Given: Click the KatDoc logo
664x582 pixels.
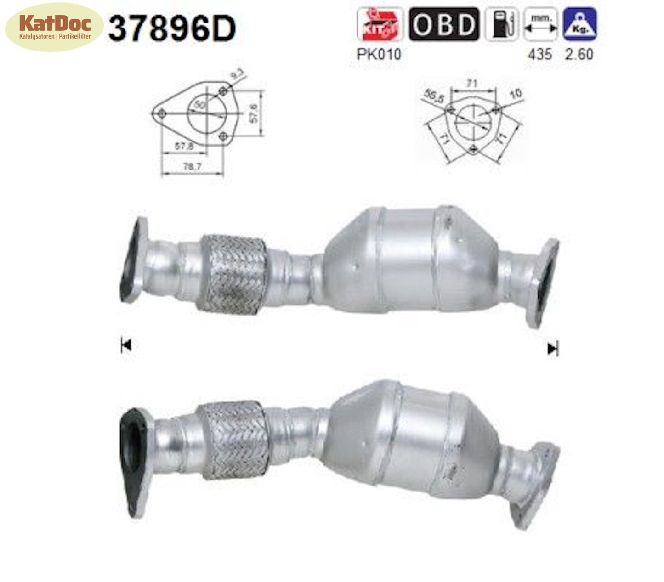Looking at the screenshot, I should coord(54,27).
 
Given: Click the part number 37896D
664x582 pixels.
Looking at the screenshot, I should coord(171,28).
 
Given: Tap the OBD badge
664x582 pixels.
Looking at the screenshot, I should coord(444,24).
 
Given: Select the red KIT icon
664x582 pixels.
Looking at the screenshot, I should coord(380,24).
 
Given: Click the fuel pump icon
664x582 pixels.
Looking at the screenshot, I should coord(502,24).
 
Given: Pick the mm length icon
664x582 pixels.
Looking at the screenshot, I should coord(541,24).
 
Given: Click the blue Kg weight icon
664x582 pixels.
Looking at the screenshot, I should coord(579,24).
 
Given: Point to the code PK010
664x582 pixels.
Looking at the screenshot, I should coord(379,54).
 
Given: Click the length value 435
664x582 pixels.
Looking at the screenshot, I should coord(539,54).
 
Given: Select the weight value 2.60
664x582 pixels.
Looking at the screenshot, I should coord(579,54).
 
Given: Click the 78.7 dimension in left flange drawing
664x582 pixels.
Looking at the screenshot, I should coord(192,167).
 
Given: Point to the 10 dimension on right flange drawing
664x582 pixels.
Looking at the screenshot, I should coord(516,93).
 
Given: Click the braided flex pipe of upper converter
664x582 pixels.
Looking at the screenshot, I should coord(232,274).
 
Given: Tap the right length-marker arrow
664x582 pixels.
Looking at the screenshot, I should coord(553,349).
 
